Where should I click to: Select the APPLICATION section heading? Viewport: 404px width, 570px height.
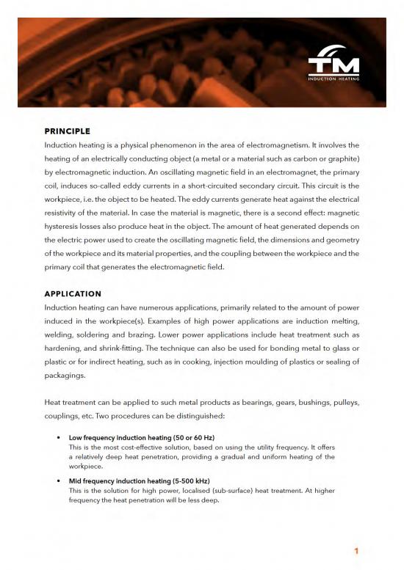(73, 293)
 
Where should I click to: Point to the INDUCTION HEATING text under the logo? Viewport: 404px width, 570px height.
(333, 78)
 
